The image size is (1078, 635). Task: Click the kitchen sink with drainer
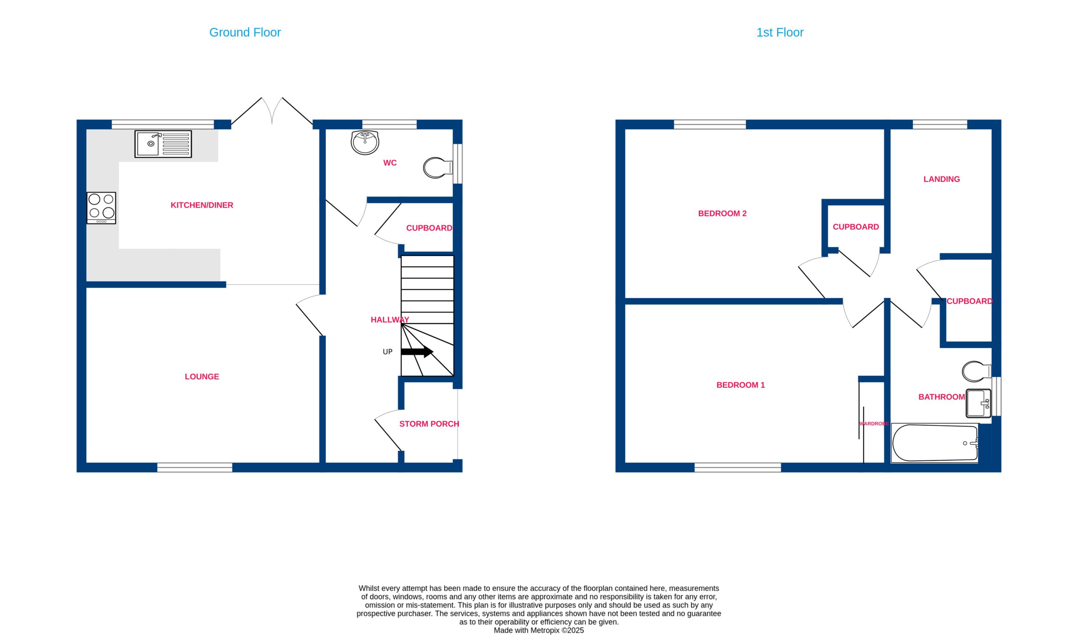click(x=163, y=144)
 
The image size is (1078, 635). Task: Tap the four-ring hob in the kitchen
click(x=101, y=208)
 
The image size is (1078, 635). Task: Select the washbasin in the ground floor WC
click(x=365, y=143)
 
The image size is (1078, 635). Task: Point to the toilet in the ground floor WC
click(x=438, y=168)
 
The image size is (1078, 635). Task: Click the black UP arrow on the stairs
click(x=417, y=352)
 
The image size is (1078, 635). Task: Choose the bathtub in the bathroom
click(x=935, y=443)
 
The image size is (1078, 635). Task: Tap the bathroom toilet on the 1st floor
click(x=977, y=372)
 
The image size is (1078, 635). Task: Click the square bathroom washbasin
click(x=978, y=403)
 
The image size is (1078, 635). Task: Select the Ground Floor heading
click(x=245, y=32)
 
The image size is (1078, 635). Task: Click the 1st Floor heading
click(x=779, y=32)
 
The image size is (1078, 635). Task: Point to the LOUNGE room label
click(x=202, y=377)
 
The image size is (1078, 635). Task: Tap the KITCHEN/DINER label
click(x=202, y=205)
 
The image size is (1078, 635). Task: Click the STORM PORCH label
click(x=429, y=424)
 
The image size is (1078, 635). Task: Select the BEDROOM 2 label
click(x=722, y=213)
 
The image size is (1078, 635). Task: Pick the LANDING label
click(x=942, y=179)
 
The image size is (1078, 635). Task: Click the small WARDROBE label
click(x=874, y=424)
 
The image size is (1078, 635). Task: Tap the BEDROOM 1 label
click(x=740, y=385)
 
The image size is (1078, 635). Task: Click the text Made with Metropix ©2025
click(x=539, y=630)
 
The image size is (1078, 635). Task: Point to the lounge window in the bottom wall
click(x=195, y=467)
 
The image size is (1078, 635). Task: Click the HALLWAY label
click(x=390, y=320)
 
